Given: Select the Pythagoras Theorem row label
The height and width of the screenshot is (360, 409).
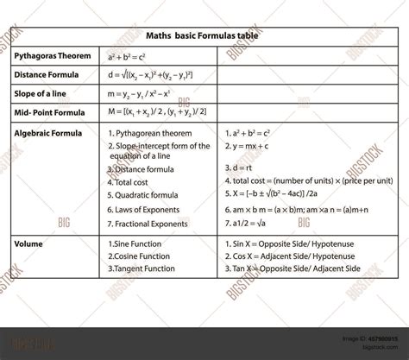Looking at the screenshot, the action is point(53,55).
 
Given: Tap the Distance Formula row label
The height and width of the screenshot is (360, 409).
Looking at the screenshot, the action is point(47,74).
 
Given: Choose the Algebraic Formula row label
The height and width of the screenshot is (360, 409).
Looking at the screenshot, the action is point(48,133).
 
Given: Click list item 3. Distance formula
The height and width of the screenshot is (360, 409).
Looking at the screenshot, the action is point(143,169).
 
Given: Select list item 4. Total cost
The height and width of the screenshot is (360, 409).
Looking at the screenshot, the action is point(130,182).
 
